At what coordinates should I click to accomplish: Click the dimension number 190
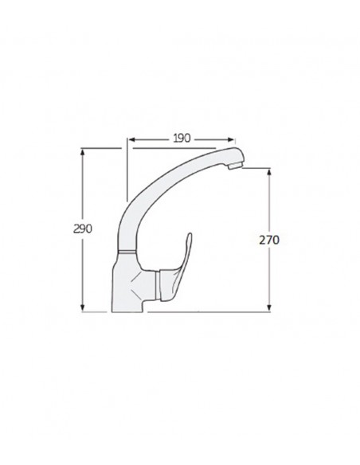click(x=181, y=137)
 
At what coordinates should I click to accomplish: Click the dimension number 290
click(x=84, y=229)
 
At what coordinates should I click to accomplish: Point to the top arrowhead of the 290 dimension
click(x=84, y=152)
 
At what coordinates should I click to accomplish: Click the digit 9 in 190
click(x=181, y=137)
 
